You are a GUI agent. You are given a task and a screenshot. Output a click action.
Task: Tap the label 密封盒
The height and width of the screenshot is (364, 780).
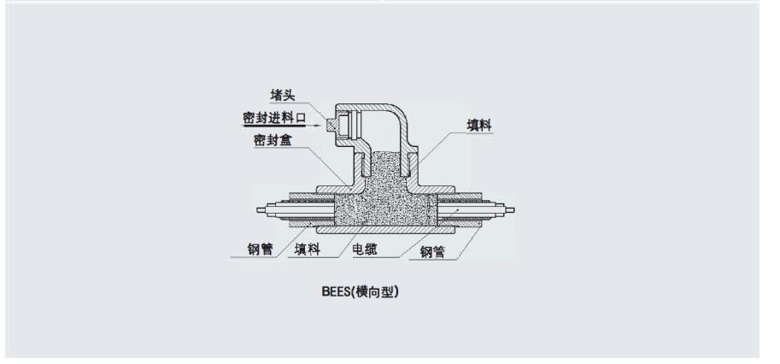(x=273, y=140)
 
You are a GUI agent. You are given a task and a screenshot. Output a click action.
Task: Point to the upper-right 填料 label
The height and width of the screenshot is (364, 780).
(x=483, y=126)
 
